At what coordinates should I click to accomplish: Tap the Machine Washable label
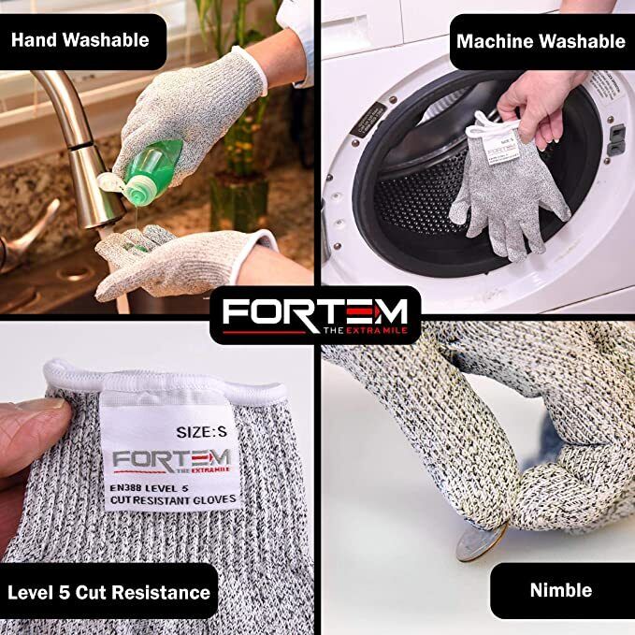click(x=541, y=41)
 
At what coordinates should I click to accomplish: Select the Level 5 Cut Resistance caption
click(x=108, y=591)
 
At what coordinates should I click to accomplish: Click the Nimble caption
click(x=560, y=589)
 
